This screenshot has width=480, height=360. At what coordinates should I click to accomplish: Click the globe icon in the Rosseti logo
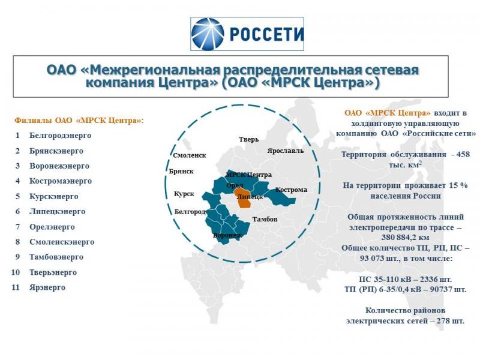[x=208, y=34]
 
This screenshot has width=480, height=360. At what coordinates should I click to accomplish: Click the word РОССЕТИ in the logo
[x=266, y=34]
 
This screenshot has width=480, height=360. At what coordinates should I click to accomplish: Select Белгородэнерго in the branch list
[x=61, y=136]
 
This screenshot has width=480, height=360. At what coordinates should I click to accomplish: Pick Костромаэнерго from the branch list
[x=61, y=181]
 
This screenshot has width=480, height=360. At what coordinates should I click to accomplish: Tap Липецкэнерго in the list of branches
[x=57, y=211]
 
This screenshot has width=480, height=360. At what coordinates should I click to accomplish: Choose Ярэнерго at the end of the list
[x=47, y=287]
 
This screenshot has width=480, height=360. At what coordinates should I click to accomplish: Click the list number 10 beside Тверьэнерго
[x=16, y=272]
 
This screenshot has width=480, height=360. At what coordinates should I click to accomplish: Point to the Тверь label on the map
[x=249, y=139]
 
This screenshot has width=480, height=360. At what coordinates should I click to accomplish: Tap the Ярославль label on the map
[x=286, y=151]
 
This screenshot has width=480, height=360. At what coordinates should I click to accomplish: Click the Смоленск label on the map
[x=190, y=155]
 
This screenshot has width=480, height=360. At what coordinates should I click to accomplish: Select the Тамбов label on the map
[x=265, y=219]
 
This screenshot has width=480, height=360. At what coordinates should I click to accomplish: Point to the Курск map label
[x=184, y=194]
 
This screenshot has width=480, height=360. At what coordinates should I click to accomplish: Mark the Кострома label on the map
[x=291, y=190]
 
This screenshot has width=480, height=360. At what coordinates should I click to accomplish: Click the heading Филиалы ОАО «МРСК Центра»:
[x=79, y=121]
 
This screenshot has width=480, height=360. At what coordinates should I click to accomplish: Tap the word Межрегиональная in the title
[x=155, y=70]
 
